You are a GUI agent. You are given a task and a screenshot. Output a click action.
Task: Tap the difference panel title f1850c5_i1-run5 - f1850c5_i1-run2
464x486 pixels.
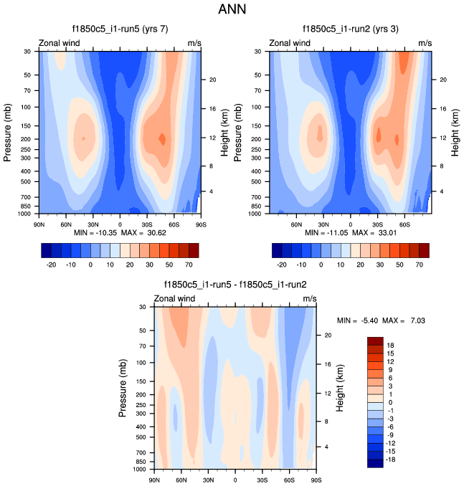[x=235, y=285]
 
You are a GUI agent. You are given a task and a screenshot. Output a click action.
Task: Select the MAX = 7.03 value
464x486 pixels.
[x=407, y=320]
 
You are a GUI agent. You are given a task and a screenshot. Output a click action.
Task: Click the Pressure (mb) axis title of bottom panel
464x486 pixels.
[x=123, y=389]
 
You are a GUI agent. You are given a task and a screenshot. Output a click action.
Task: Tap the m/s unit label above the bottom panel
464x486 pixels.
[x=309, y=298]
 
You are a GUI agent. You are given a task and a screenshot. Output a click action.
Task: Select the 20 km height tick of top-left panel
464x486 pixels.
[x=213, y=80]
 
